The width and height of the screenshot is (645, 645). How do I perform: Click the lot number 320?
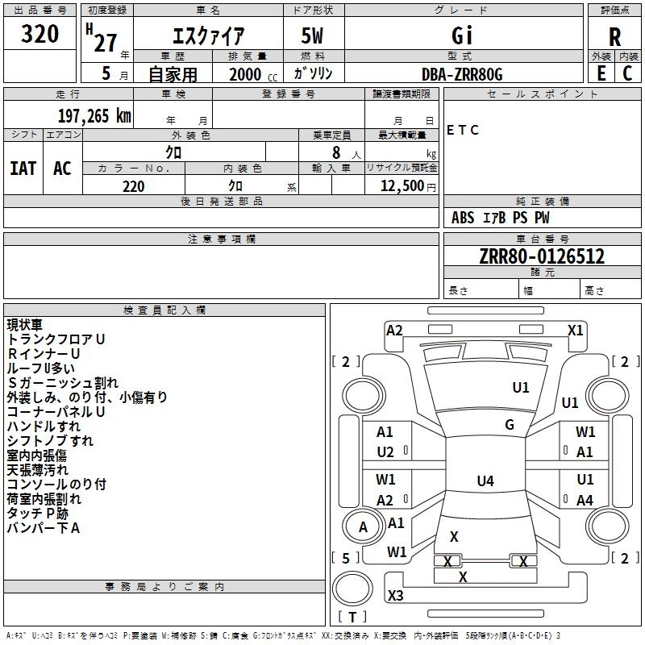(x=40, y=35)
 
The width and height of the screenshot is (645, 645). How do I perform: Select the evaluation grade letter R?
(x=615, y=37)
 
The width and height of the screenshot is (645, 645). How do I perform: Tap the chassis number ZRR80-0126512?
(x=542, y=257)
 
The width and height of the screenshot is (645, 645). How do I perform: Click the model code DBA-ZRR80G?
(x=462, y=74)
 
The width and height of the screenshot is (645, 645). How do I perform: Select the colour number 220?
(x=133, y=186)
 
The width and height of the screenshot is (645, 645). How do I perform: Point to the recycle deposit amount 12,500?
(x=401, y=186)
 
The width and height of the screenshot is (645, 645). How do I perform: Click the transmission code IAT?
(x=23, y=168)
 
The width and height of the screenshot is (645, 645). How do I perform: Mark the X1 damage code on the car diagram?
(x=575, y=330)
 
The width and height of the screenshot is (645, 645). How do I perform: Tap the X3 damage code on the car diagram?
(x=396, y=596)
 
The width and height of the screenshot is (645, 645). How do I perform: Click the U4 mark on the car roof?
(x=485, y=481)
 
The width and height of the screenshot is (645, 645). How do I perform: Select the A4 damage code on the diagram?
(x=585, y=500)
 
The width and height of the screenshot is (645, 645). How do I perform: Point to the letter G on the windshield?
(x=510, y=425)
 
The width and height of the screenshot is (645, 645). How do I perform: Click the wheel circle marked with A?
(x=363, y=527)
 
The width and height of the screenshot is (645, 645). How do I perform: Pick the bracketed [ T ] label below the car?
(x=352, y=617)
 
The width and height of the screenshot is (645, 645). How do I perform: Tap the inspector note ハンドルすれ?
(x=44, y=426)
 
